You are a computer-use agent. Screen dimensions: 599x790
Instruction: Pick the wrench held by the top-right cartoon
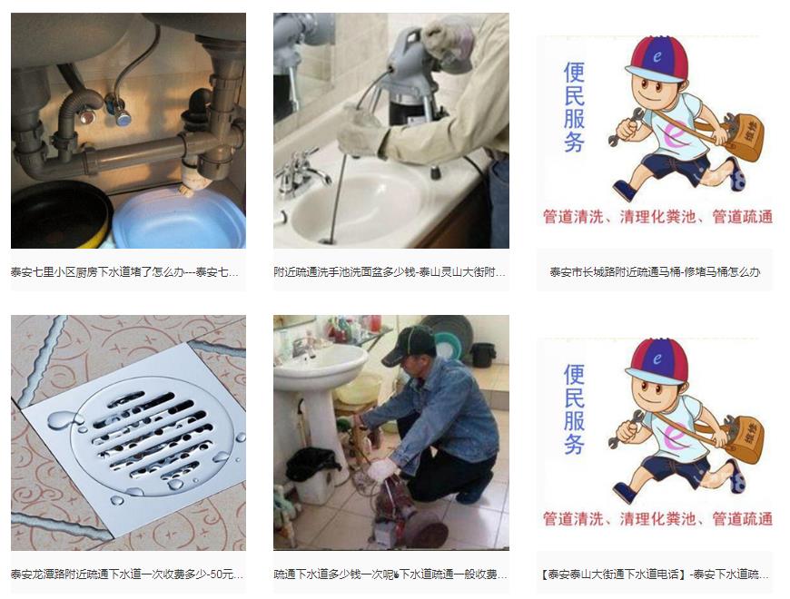click(627, 127)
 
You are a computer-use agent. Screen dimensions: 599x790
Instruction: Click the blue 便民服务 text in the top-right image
click(574, 108)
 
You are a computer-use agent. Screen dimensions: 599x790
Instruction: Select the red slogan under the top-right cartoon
click(657, 217)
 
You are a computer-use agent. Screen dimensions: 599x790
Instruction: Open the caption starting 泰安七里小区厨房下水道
click(124, 271)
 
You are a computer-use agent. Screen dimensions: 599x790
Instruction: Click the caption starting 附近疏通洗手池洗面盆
click(390, 271)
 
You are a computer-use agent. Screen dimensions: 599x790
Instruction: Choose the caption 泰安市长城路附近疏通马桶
click(655, 271)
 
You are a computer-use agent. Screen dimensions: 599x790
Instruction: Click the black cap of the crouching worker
click(410, 343)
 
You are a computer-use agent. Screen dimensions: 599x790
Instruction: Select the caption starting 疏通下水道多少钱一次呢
click(390, 574)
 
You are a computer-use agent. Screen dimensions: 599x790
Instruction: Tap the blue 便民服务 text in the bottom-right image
click(574, 409)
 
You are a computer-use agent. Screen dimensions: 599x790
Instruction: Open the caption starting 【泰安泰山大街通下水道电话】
click(655, 574)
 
